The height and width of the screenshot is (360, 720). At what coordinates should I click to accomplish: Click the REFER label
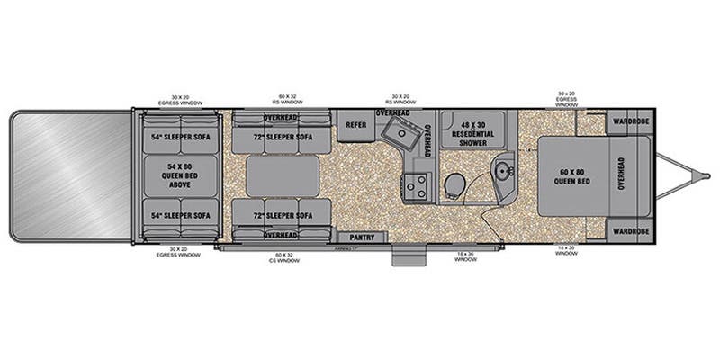click(355, 126)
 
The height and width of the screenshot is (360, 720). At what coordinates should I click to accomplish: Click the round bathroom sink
click(505, 167)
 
